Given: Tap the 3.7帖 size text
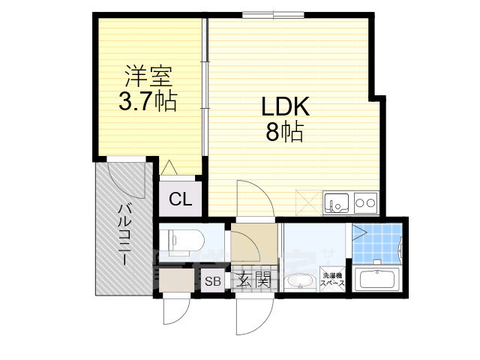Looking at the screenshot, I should coord(148,100).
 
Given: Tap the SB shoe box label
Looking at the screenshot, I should coord(213,282).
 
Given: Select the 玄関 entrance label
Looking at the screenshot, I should coord(253,281).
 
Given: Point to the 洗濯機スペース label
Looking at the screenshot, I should coord(332,280).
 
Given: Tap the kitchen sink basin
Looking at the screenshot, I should coord(335,202).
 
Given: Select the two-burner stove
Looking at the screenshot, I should coord(365,202).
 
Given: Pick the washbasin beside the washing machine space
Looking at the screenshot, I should coord(300,282).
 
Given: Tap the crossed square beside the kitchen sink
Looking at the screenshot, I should coord(307,201).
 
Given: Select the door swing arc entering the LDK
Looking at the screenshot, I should coord(253,197).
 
